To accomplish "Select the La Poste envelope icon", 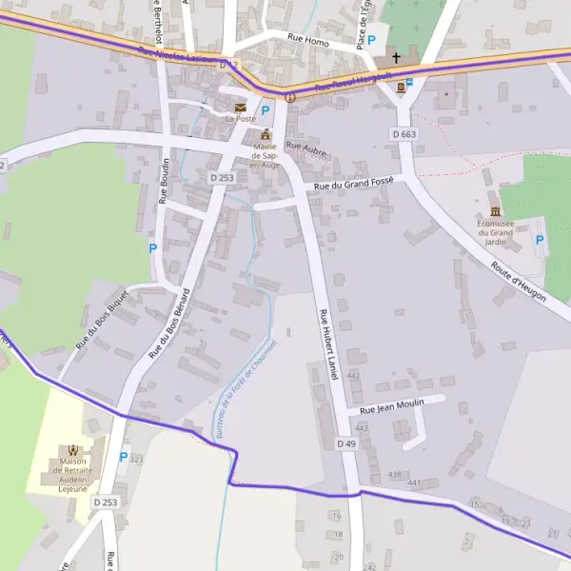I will click(x=240, y=108).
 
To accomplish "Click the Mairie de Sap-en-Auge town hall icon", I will click(x=266, y=134).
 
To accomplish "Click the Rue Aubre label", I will click(x=305, y=148).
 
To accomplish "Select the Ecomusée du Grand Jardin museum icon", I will click(x=495, y=211).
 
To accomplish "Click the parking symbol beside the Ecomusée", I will click(x=540, y=240).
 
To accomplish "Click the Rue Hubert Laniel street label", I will click(x=329, y=345).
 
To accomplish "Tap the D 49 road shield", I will click(x=345, y=443).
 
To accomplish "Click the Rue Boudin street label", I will click(x=164, y=181).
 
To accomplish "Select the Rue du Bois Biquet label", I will click(x=101, y=317).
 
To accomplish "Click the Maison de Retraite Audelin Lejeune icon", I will click(x=72, y=450).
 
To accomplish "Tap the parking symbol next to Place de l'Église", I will click(x=372, y=41).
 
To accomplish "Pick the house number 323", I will click(x=136, y=460).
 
